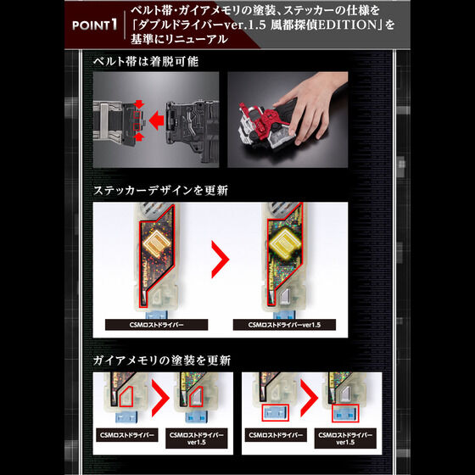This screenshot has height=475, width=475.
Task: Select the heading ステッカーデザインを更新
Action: pos(162,190)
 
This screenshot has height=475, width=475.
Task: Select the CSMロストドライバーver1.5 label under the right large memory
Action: pos(282,324)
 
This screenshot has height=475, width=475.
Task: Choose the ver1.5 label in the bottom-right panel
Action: pos(343,438)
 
